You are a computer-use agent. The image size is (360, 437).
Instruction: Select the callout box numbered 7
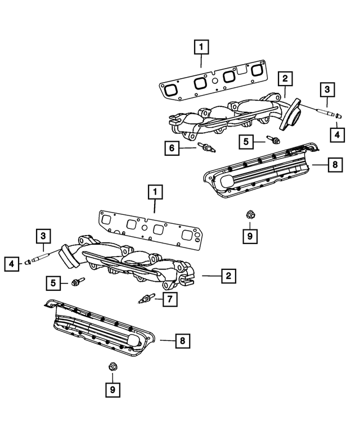(168, 300)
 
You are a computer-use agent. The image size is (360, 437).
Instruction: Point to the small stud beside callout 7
(145, 299)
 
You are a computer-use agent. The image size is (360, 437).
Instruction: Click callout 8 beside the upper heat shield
(334, 165)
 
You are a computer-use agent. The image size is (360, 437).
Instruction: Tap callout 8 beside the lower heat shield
(182, 340)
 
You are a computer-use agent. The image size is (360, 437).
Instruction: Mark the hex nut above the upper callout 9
(249, 214)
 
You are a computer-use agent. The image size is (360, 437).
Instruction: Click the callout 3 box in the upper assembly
(327, 89)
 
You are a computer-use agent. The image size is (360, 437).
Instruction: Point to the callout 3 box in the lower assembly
(43, 236)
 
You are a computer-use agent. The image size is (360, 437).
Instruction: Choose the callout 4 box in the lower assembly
(11, 262)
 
